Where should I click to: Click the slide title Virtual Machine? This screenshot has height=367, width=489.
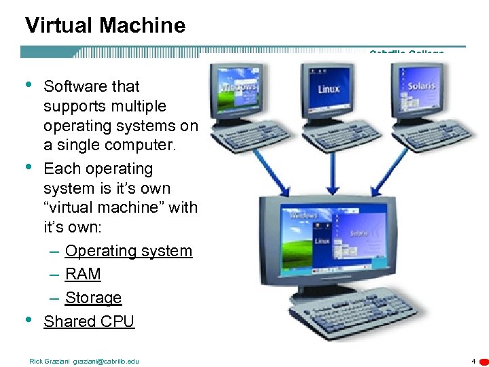(x=105, y=26)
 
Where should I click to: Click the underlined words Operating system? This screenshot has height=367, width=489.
(x=128, y=251)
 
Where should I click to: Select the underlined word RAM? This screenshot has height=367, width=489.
(x=83, y=274)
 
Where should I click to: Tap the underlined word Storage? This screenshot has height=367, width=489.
(x=93, y=298)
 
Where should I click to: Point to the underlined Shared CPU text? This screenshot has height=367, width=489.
(x=89, y=321)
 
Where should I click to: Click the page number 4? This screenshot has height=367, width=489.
(x=473, y=361)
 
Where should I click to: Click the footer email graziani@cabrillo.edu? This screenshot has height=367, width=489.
(x=105, y=361)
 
